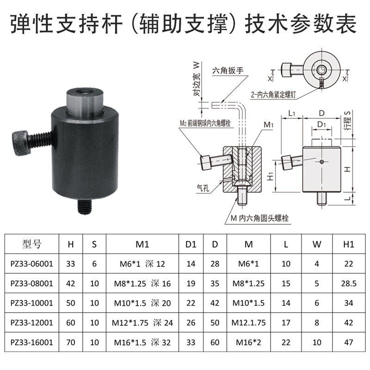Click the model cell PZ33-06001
pos(32,264)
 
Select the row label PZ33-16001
pos(32,342)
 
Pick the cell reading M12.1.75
pos(249,323)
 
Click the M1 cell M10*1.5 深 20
pos(142,303)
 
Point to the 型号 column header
pos(32,244)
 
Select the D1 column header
pos(191,244)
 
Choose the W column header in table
pos(317,244)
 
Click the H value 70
pos(71,342)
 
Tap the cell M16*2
pos(249,342)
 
